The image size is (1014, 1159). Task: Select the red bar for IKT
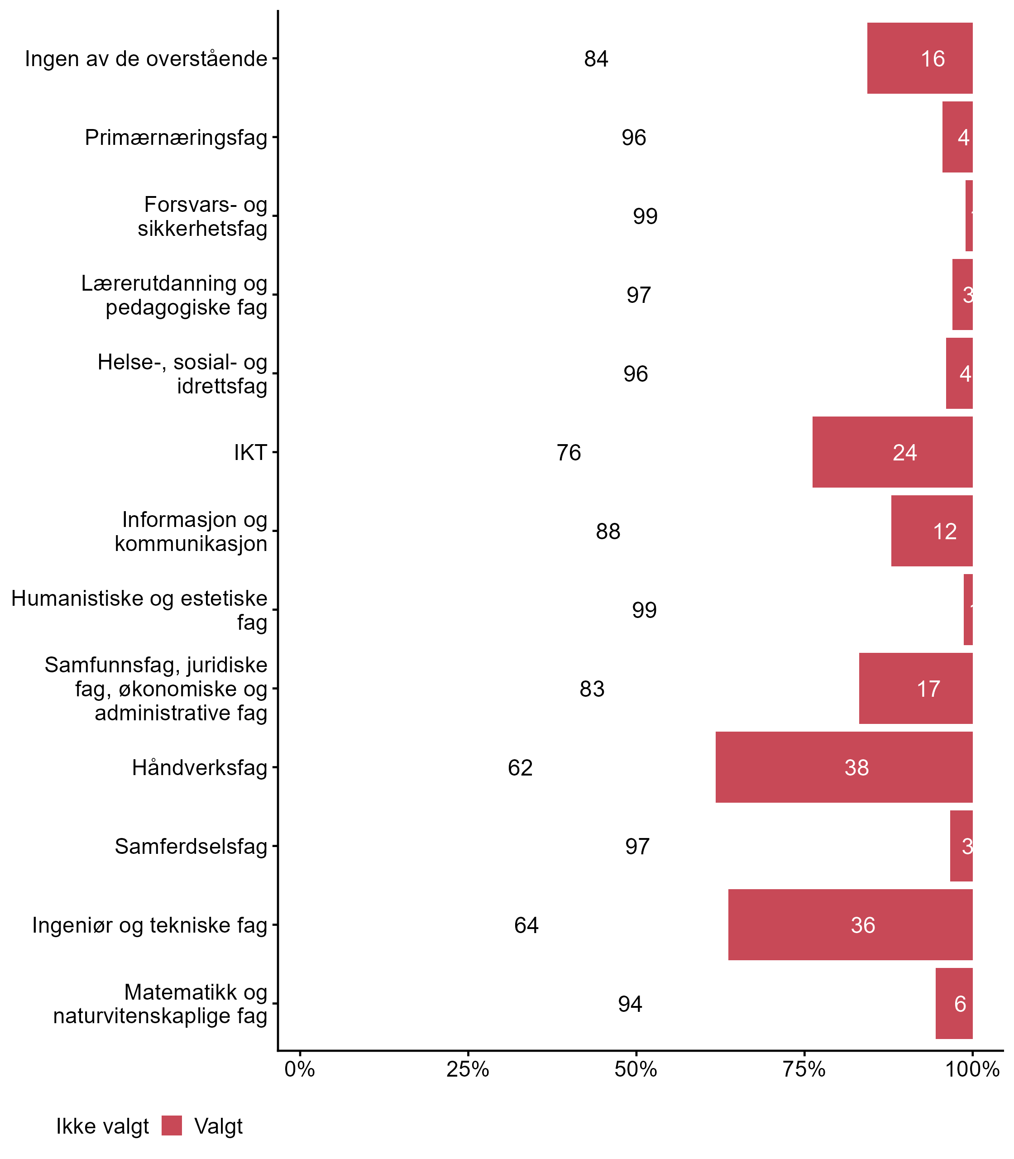pos(892,452)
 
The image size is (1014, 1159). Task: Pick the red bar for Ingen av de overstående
pos(919,58)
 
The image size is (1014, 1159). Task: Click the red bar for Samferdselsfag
pos(961,846)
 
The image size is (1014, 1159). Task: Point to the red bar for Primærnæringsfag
pos(957,137)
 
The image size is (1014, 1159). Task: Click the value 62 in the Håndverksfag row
pos(520,768)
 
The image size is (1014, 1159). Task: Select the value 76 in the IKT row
pos(569,453)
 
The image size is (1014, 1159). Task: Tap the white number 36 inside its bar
pos(863,925)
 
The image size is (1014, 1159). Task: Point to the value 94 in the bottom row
pos(630,1004)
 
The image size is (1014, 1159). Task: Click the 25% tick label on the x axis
pos(467,1069)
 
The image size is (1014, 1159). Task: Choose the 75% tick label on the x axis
pos(804,1069)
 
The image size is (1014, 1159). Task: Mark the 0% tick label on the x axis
pos(299,1069)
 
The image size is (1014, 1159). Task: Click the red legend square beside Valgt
pos(172,1125)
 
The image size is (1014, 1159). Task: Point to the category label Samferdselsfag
pos(191,847)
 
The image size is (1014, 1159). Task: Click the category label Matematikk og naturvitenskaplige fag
pos(160,1004)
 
